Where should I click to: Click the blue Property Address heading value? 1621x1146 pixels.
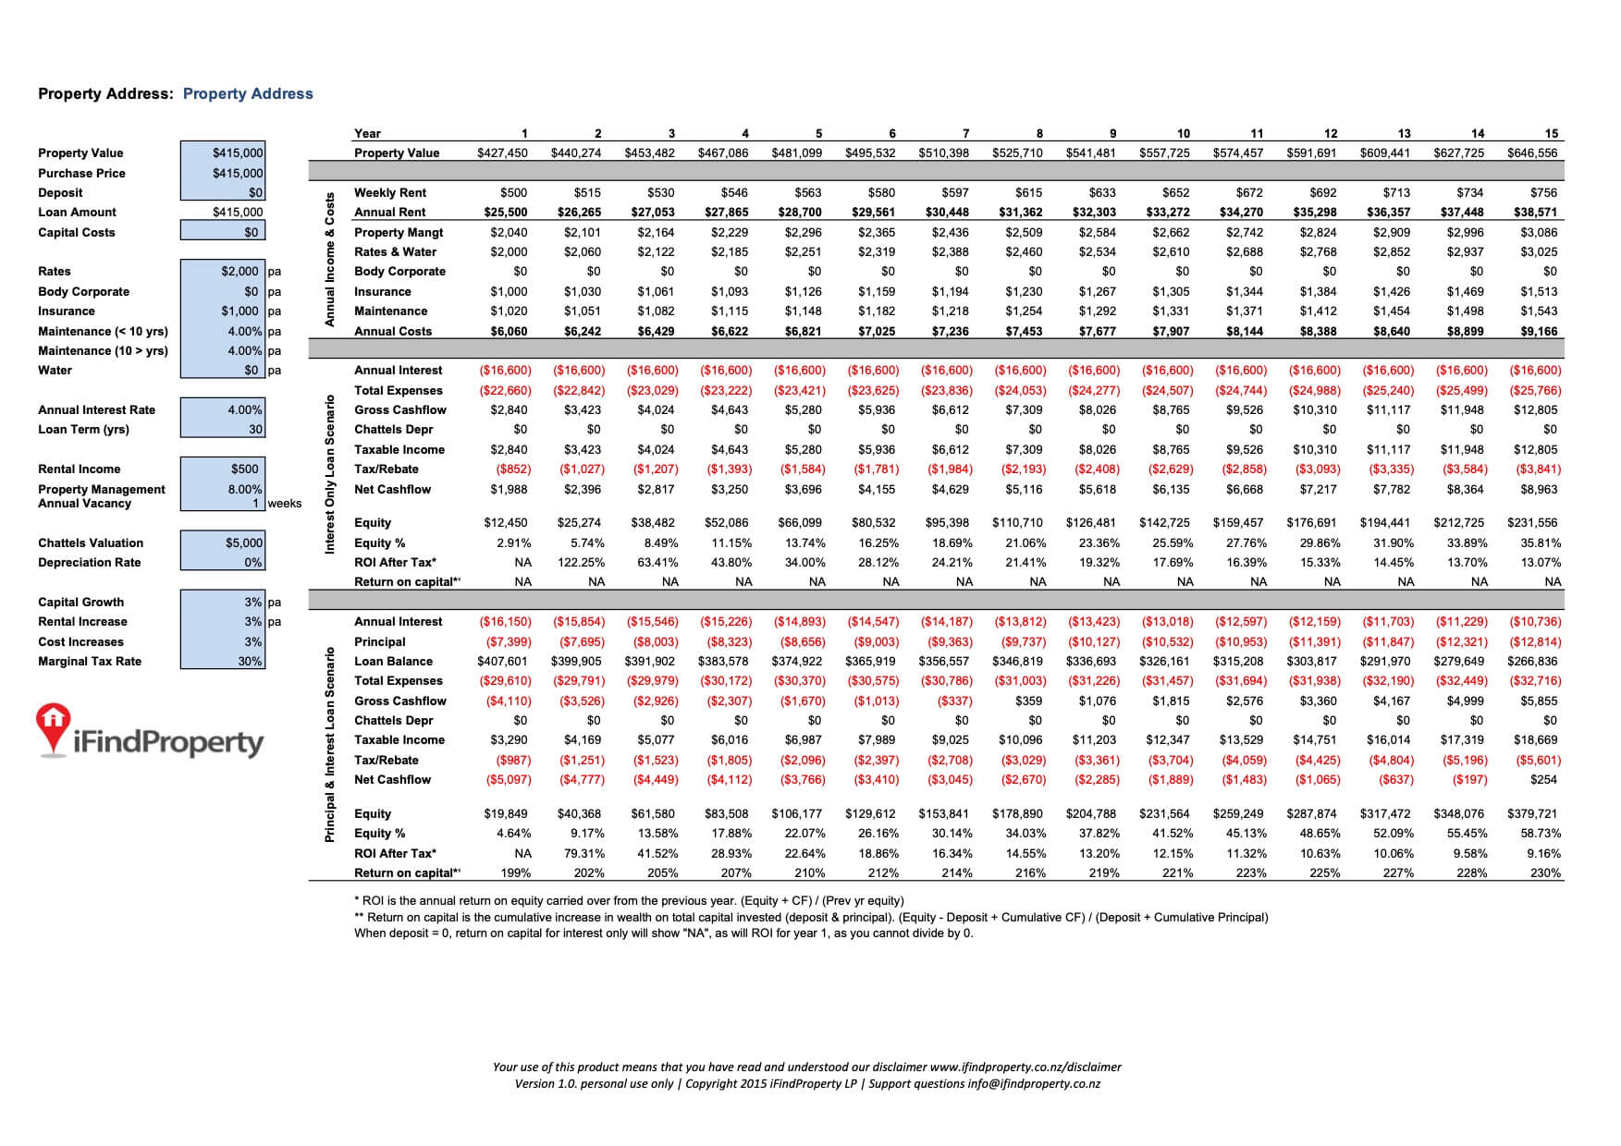click(248, 93)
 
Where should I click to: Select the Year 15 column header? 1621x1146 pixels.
click(1551, 133)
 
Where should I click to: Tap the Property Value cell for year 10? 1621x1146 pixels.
click(1163, 152)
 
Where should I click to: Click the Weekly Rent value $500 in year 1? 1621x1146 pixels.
click(513, 192)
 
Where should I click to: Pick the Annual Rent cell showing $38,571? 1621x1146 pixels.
click(1532, 212)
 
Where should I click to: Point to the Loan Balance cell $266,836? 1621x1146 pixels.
click(1532, 661)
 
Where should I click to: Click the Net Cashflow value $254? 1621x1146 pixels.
click(1543, 779)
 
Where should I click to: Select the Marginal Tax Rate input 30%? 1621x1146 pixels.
click(223, 661)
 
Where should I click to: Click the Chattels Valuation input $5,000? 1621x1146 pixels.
click(223, 543)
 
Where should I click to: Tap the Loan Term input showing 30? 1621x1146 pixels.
click(223, 429)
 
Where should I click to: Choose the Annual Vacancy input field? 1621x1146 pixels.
click(223, 503)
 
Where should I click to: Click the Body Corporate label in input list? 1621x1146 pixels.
click(83, 291)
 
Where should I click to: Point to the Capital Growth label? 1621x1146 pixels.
click(80, 602)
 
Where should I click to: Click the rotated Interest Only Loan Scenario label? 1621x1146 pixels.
click(329, 474)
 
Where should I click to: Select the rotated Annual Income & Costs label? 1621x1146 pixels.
click(329, 260)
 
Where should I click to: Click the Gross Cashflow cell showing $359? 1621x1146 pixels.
click(1028, 701)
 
